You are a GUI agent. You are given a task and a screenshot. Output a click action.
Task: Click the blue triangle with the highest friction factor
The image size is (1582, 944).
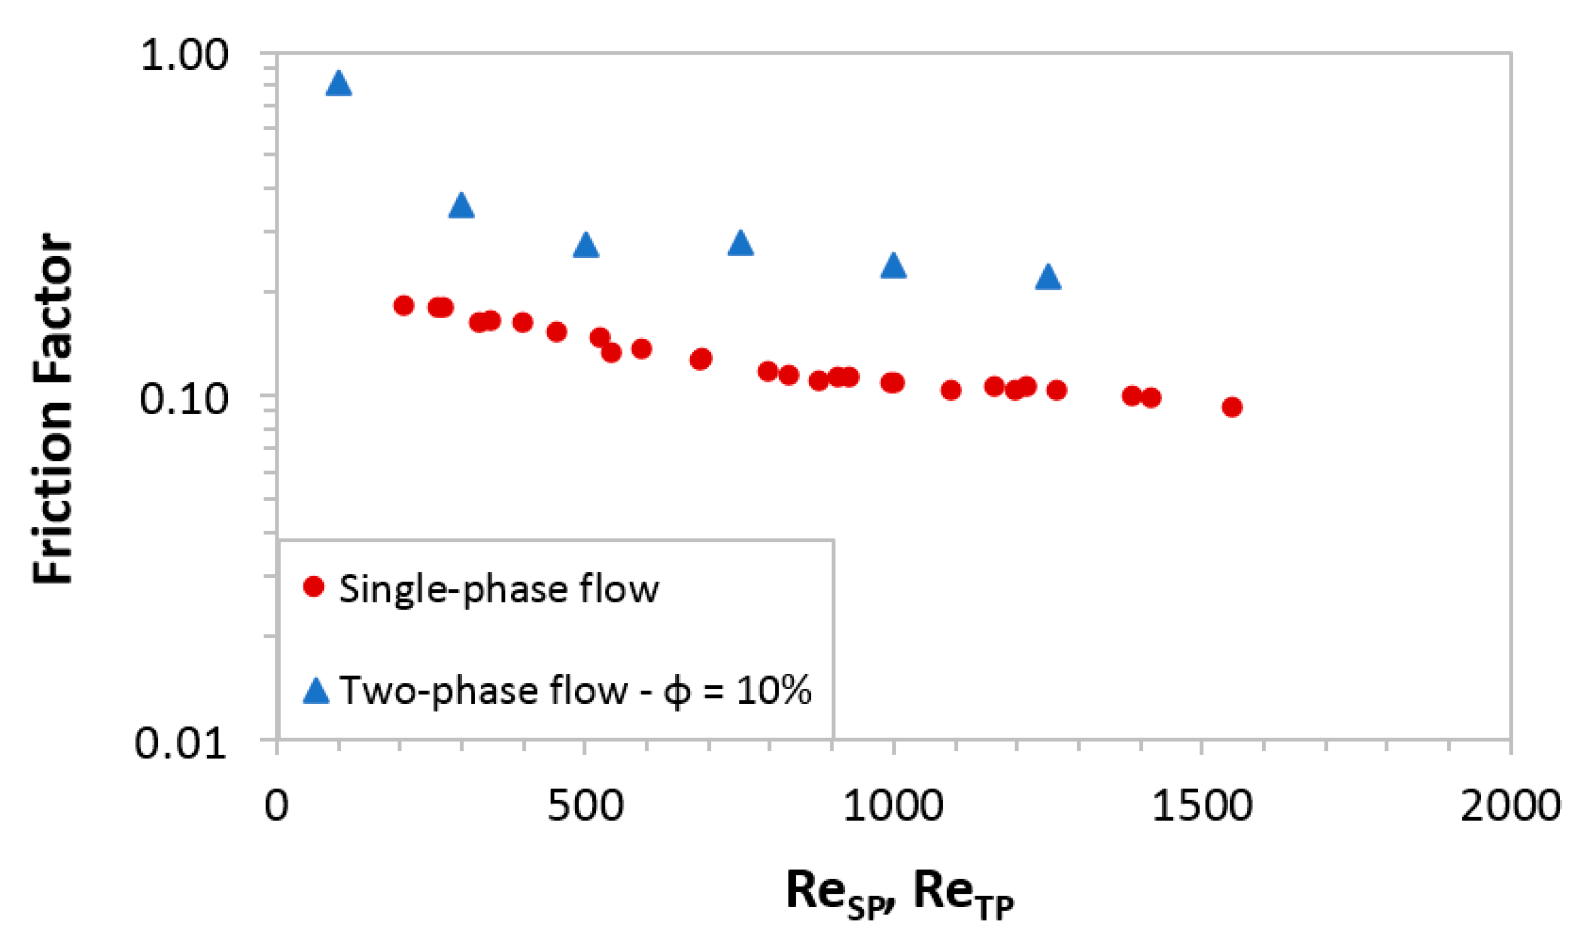point(338,84)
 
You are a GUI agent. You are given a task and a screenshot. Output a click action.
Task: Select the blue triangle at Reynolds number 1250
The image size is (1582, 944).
point(1048,278)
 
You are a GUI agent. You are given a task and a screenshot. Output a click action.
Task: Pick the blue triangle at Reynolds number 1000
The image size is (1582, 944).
point(893,266)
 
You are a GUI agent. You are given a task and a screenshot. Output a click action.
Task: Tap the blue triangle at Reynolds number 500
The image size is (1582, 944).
point(586,246)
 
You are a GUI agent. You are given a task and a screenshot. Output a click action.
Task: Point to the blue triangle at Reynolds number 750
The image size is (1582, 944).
point(740,243)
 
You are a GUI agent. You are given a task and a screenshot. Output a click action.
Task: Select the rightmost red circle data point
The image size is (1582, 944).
point(1232,407)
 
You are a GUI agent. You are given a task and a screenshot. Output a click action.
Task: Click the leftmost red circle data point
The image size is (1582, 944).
point(404,305)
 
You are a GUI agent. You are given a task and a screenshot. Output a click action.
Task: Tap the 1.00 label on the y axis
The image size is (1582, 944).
point(184,55)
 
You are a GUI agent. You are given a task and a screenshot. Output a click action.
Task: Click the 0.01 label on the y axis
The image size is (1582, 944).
point(181,742)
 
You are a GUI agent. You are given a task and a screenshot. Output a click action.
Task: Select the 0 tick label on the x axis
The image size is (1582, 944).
point(277,806)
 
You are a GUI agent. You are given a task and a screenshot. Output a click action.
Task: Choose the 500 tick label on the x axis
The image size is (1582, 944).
point(585,806)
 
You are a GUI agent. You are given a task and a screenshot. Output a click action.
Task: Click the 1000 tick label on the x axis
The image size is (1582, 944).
point(892,806)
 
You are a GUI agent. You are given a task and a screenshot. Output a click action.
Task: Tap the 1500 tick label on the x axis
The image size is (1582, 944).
point(1202,806)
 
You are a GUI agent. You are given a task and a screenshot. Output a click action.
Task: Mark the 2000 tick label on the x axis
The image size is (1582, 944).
point(1509,806)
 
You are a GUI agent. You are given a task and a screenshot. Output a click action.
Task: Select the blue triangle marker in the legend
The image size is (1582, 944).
point(316,691)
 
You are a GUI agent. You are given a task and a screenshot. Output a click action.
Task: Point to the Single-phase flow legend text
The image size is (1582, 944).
point(499,588)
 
